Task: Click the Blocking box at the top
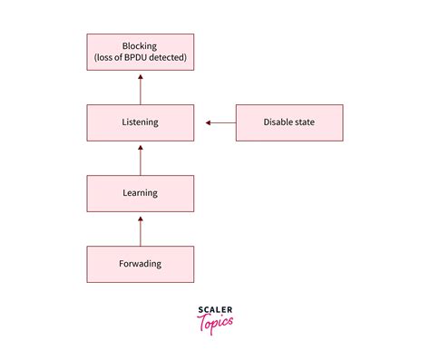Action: coord(140,52)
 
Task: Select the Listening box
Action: coord(140,122)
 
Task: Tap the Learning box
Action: coord(140,193)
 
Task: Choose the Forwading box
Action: coord(140,263)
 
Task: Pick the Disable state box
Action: coord(290,122)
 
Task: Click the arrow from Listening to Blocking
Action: coord(141,88)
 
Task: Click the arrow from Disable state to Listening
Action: coord(220,122)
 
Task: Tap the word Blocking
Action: coord(140,45)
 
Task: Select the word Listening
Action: coord(140,122)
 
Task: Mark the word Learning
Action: coord(140,193)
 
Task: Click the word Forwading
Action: coord(140,263)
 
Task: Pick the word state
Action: coord(307,122)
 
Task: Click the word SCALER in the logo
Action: coord(215,310)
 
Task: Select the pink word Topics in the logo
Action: coord(215,322)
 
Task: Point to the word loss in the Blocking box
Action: coord(109,59)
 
